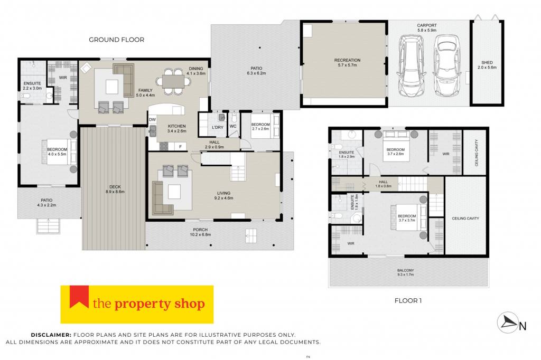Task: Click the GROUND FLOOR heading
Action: [117, 40]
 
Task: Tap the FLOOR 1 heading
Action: [408, 301]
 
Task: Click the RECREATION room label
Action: [347, 60]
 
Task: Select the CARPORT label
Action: [427, 25]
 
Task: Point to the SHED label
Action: [487, 62]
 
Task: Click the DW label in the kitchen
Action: [153, 120]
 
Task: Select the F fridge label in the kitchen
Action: [180, 147]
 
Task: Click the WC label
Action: [233, 126]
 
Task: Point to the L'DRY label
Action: [217, 127]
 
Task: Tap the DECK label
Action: [115, 187]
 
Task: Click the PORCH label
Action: [200, 230]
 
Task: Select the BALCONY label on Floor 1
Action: [405, 270]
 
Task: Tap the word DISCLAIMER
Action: [51, 335]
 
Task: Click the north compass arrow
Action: [507, 323]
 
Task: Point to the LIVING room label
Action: [223, 193]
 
